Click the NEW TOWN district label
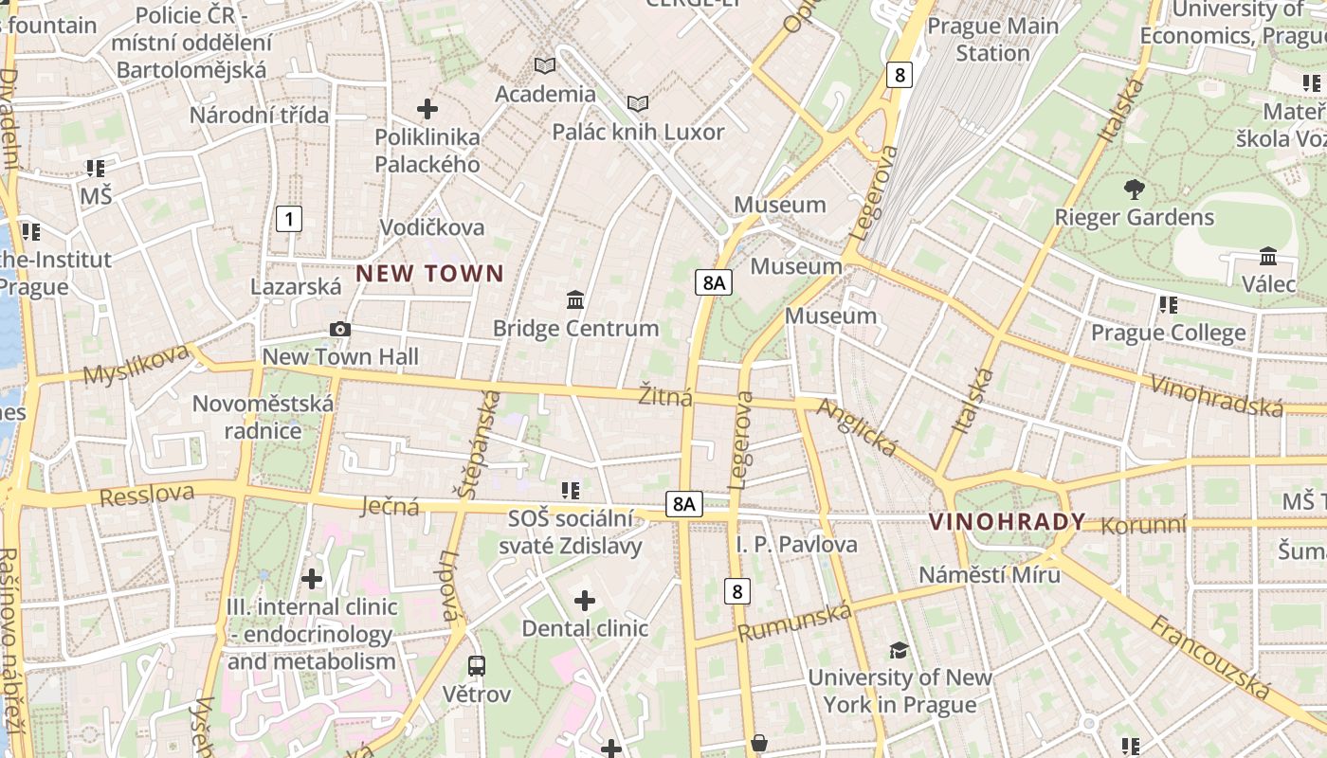point(429,274)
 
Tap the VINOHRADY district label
point(1007,522)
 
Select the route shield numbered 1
point(289,220)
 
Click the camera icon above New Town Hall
point(339,329)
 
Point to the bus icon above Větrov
point(477,665)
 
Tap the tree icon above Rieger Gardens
point(1134,189)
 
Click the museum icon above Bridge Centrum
point(574,300)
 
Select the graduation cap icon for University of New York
point(899,650)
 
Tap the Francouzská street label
point(1209,656)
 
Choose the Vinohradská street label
point(1216,395)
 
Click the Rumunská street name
point(794,623)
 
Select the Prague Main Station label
point(992,39)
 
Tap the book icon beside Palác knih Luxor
point(639,103)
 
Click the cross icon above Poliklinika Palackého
point(427,109)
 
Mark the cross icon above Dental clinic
point(585,600)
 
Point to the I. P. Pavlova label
point(796,545)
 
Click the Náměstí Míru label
point(990,574)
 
